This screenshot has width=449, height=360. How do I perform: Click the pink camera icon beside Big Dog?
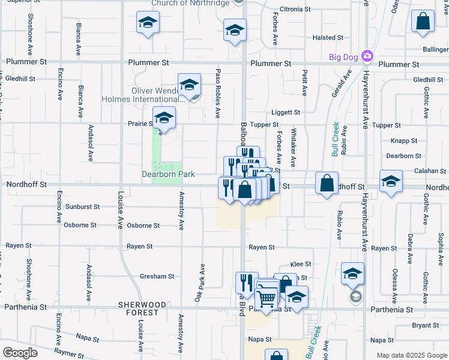coord(367,57)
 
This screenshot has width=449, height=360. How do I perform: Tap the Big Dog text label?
coord(343,58)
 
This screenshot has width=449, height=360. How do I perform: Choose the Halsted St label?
coord(328,38)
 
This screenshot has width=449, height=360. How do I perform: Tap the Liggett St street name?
coord(285,112)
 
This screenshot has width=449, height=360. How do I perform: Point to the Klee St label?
coord(301,264)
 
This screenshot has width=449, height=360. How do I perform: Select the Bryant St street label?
coord(426,325)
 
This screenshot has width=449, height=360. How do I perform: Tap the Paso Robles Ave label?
coord(218,94)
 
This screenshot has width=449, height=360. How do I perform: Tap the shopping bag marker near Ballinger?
coord(423,22)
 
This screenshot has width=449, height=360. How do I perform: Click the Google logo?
coord(20,353)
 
